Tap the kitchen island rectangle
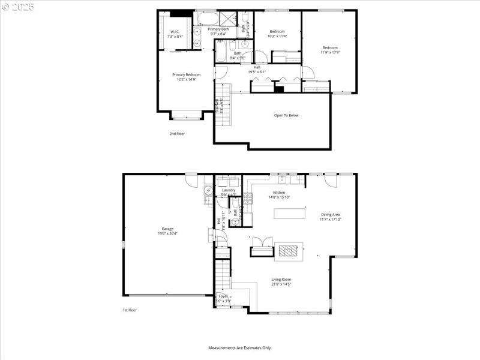click(289, 213)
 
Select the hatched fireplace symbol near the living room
click(289, 251)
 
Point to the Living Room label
click(281, 279)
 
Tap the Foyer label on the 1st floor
click(223, 296)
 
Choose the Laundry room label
click(229, 190)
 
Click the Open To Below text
click(286, 115)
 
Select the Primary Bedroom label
click(186, 74)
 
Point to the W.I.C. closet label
click(175, 32)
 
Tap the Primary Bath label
click(218, 29)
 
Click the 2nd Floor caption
click(176, 134)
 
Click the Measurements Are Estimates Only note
click(240, 347)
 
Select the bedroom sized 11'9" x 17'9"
click(330, 48)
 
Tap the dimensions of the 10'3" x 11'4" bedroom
click(277, 36)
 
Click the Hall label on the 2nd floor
click(257, 67)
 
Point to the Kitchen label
click(279, 192)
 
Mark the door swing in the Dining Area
click(330, 179)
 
